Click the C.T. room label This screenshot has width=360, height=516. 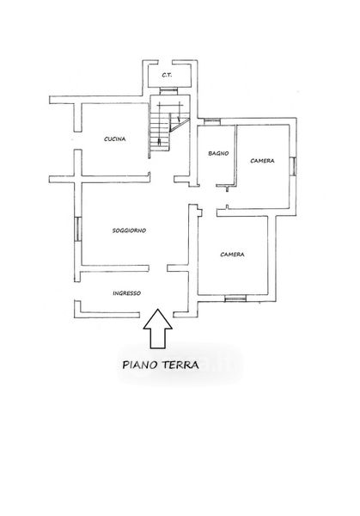[x=167, y=75]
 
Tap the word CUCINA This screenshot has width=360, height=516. [x=115, y=138]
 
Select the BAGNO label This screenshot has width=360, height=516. [x=218, y=153]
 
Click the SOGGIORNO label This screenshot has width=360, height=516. [x=129, y=230]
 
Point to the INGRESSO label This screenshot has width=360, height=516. [x=126, y=293]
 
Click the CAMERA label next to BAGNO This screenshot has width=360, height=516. [x=262, y=161]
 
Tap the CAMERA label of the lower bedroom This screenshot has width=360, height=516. [x=232, y=255]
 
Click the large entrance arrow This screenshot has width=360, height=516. [x=157, y=329]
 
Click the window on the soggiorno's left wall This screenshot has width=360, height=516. [x=77, y=229]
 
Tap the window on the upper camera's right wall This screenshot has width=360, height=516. [x=294, y=166]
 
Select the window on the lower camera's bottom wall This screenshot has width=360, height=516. [x=235, y=298]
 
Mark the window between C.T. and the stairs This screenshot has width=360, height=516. [x=168, y=91]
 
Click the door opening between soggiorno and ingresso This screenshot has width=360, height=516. [x=158, y=268]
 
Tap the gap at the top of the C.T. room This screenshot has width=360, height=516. [x=165, y=63]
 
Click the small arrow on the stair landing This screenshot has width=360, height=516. [x=178, y=118]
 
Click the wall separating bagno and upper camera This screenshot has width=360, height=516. [x=235, y=156]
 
